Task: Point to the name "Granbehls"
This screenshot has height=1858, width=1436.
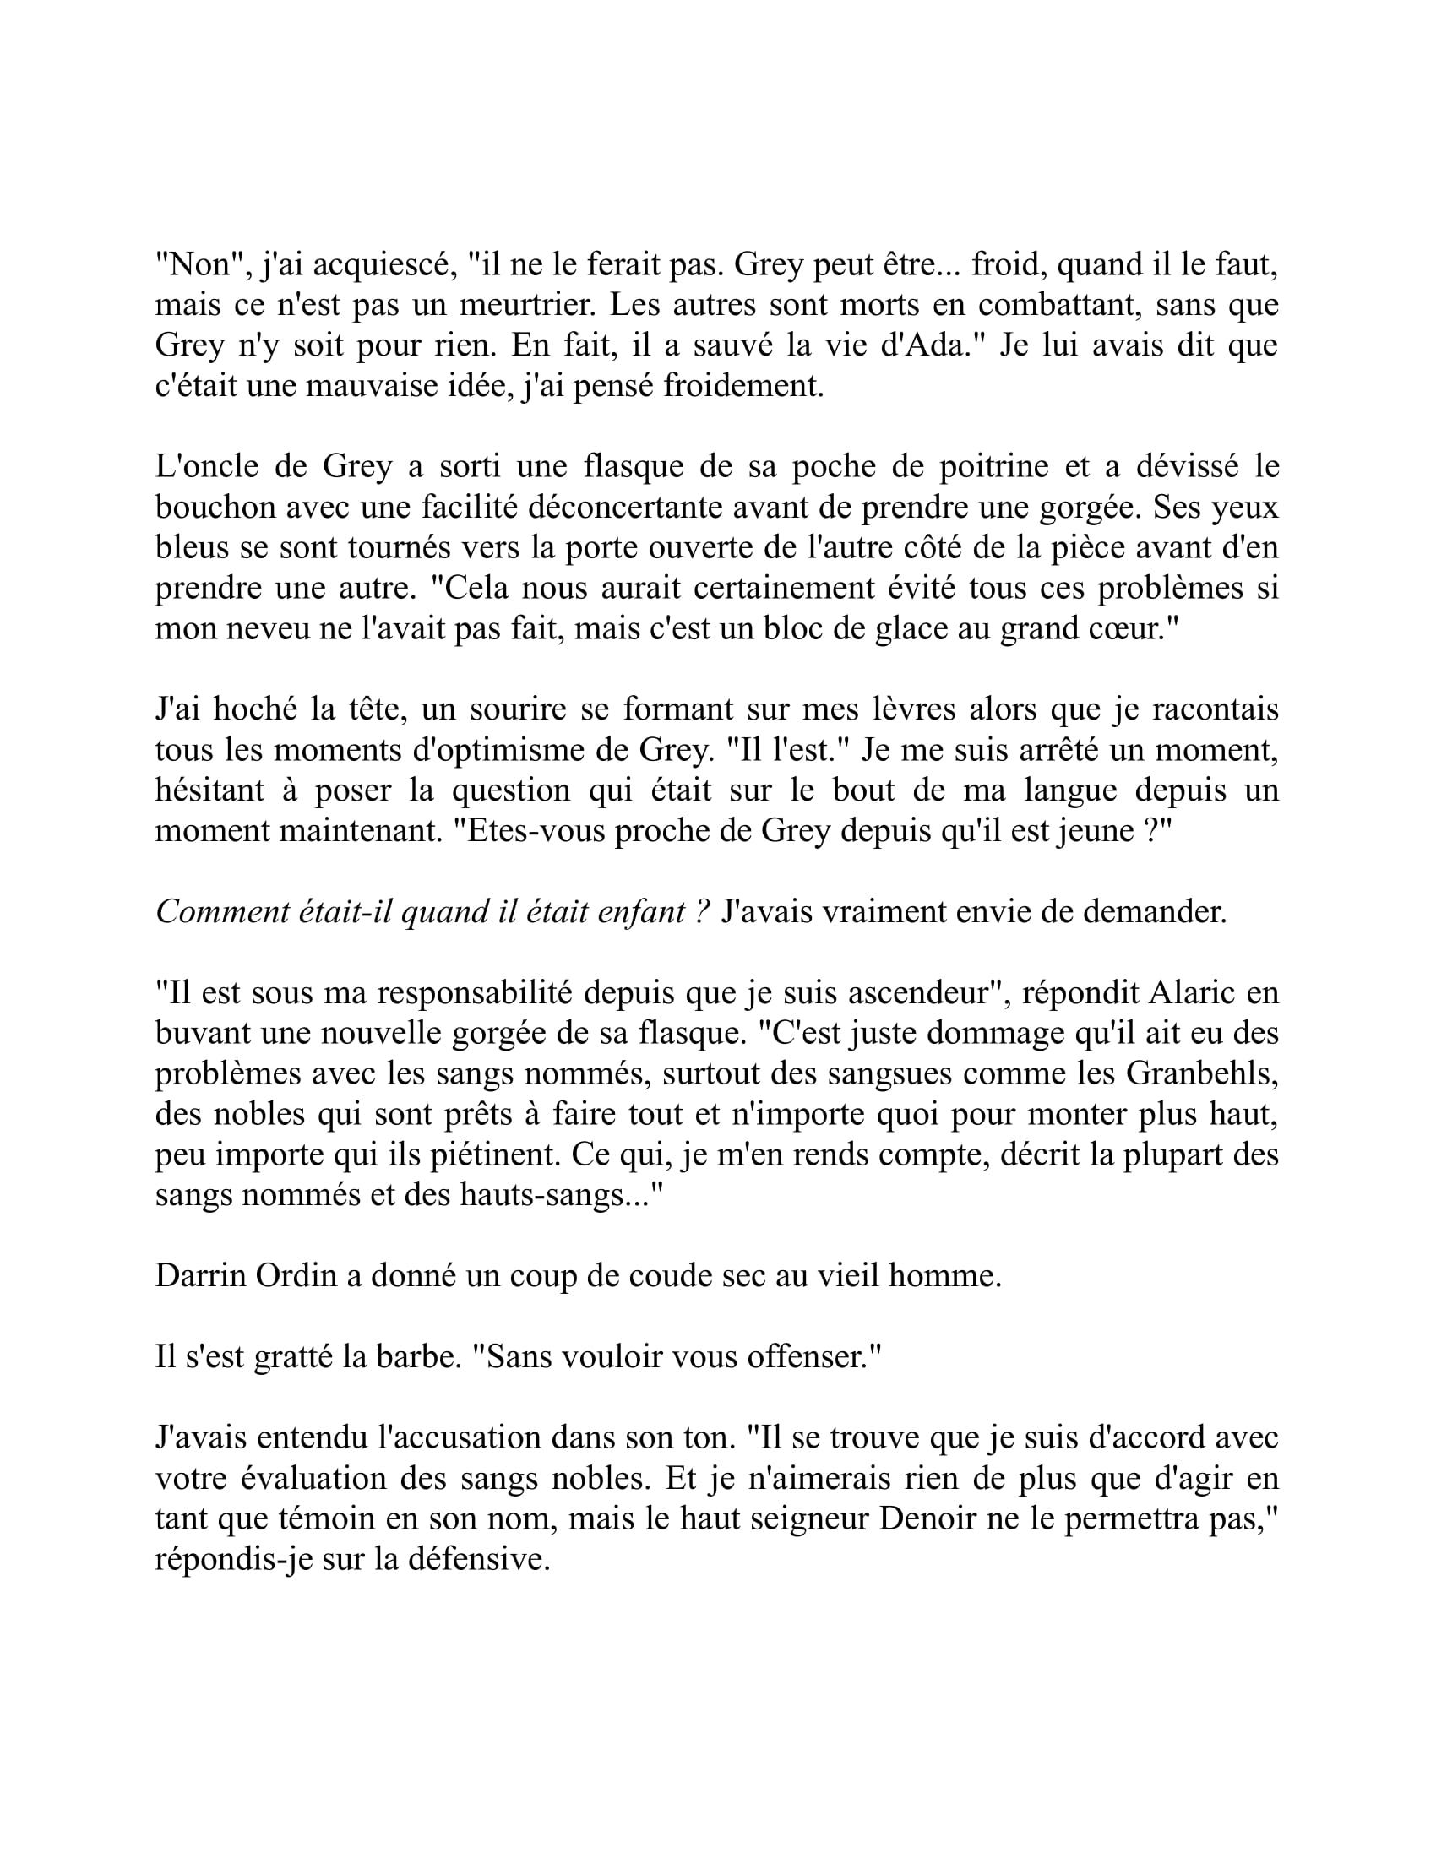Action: pos(1201,1073)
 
